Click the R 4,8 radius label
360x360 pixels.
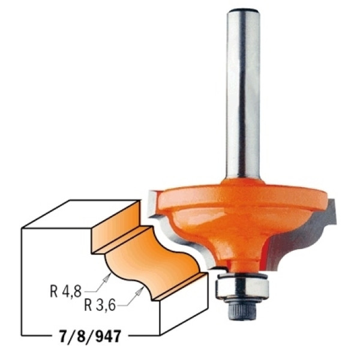(x=66, y=292)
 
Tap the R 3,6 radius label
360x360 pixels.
(x=100, y=305)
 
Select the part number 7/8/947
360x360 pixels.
(x=90, y=337)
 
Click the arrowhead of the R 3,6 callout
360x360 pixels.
(x=139, y=292)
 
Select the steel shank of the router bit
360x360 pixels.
(x=243, y=94)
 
